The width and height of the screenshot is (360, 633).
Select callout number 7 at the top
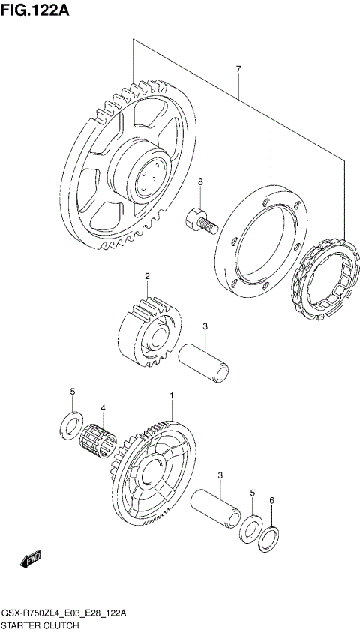[x=238, y=70]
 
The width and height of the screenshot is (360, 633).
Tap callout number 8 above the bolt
[x=200, y=182]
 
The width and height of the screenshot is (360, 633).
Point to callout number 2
[x=148, y=277]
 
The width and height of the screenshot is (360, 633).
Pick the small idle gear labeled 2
[x=150, y=331]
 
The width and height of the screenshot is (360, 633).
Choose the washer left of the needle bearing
[x=70, y=424]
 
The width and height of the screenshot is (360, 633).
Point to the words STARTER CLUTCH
[x=37, y=624]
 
